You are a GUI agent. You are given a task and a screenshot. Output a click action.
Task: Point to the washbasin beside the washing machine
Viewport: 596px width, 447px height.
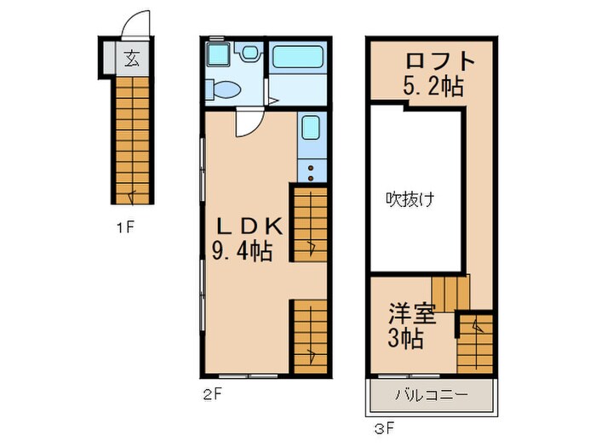pyautogui.click(x=249, y=54)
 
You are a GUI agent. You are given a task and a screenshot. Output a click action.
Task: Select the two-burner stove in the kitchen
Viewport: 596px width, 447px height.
pyautogui.click(x=311, y=170)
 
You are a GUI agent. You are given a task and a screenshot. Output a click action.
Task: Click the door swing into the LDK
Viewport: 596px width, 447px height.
pyautogui.click(x=246, y=124)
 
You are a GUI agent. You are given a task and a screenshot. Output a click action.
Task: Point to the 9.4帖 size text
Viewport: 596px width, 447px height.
pyautogui.click(x=248, y=252)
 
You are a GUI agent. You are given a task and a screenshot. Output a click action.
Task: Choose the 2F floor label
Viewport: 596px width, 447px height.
pyautogui.click(x=212, y=393)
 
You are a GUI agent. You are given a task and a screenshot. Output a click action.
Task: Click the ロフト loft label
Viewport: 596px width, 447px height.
pyautogui.click(x=437, y=62)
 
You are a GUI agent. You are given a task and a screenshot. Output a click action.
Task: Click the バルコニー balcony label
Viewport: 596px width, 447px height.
pyautogui.click(x=431, y=396)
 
